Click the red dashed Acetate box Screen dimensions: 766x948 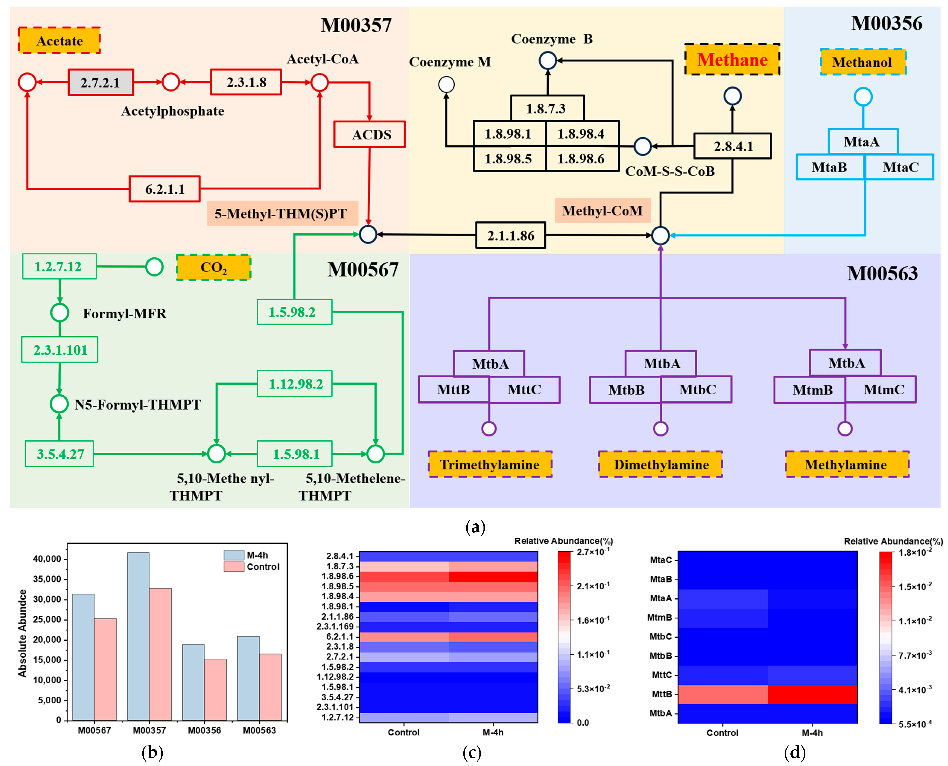coord(59,41)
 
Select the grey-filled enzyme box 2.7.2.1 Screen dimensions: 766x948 coord(101,82)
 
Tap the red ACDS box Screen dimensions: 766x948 coord(370,134)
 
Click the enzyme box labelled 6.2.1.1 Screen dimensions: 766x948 coord(165,189)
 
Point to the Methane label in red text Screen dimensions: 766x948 coord(732,60)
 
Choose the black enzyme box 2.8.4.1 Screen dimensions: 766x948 coord(733,146)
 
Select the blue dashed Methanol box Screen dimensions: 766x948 coord(862,62)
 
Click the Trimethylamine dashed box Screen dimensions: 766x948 coord(490,464)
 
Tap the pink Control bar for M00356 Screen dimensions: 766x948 coord(215,689)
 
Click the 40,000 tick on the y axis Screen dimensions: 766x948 coord(47,559)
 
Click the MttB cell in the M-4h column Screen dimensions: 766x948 coord(812,694)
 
